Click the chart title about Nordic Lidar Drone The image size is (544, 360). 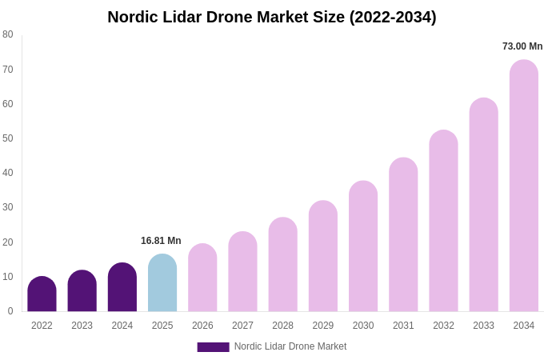tap(272, 17)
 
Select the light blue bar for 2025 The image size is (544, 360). tap(162, 283)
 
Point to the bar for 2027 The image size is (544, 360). tap(242, 272)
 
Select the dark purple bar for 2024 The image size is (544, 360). tap(122, 287)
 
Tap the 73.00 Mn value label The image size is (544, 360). tap(522, 46)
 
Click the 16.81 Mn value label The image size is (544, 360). tap(161, 241)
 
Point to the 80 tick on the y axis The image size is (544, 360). tap(8, 34)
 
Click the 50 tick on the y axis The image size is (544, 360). tap(8, 138)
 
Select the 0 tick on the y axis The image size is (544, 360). tap(10, 311)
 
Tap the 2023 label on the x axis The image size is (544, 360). tap(82, 326)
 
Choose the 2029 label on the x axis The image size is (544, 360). tap(323, 326)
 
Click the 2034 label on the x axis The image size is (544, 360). tap(524, 326)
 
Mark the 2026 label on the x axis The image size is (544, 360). tap(202, 326)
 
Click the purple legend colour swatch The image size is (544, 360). tap(213, 347)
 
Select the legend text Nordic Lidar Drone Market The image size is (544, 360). tap(290, 346)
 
